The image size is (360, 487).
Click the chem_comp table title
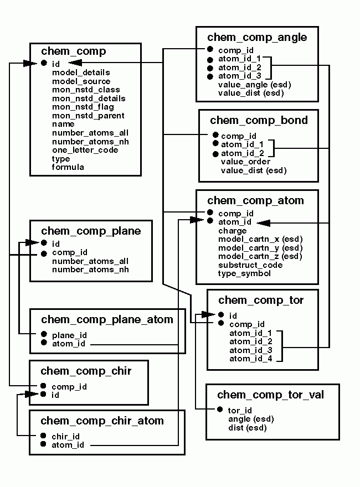(74, 51)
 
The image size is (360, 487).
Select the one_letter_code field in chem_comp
(85, 150)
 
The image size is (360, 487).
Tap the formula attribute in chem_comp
(68, 167)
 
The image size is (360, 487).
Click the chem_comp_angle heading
(257, 37)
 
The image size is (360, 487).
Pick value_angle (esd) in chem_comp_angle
(254, 85)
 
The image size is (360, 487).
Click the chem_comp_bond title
(259, 120)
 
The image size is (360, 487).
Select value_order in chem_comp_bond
(245, 162)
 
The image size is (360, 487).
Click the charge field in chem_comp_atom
(232, 231)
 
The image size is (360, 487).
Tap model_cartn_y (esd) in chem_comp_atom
(260, 248)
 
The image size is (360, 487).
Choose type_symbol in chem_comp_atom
(244, 273)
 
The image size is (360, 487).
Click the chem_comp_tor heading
(261, 300)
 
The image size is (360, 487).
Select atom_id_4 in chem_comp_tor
(250, 359)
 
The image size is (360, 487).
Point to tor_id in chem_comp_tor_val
(240, 410)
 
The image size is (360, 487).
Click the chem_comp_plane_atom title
(107, 319)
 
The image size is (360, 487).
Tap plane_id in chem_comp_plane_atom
(69, 335)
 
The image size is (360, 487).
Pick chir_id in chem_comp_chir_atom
(65, 436)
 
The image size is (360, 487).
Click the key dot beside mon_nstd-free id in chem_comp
(44, 64)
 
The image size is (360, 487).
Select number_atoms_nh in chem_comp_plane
(90, 270)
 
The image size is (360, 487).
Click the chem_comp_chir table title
(86, 371)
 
